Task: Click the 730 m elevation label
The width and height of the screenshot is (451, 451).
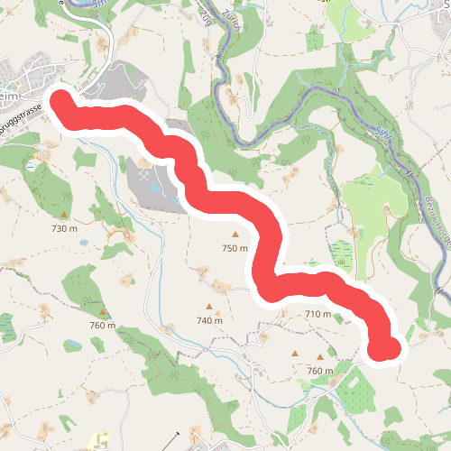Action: (65, 229)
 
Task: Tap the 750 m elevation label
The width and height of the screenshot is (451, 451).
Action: (235, 248)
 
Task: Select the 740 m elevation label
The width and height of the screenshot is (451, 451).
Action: (209, 320)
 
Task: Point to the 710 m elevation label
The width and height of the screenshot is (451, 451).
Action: (318, 314)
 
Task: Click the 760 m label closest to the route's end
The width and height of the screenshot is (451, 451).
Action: (320, 371)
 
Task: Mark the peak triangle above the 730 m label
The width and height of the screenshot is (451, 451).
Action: (65, 215)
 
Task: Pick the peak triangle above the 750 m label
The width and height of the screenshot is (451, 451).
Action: (235, 234)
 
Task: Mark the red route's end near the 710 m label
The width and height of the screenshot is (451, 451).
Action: (385, 347)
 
